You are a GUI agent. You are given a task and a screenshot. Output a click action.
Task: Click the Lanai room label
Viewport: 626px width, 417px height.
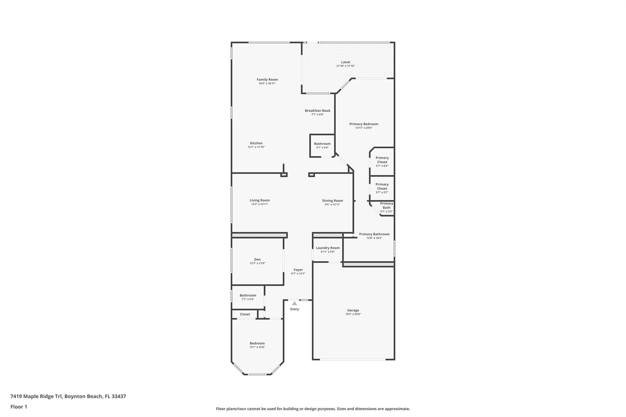pyautogui.click(x=345, y=62)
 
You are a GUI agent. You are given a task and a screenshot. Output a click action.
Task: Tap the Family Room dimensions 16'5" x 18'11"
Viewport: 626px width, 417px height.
pyautogui.click(x=267, y=83)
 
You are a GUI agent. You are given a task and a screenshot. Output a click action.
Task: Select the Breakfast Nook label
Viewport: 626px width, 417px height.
pyautogui.click(x=317, y=111)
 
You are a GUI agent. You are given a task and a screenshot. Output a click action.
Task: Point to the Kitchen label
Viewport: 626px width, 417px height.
pyautogui.click(x=256, y=143)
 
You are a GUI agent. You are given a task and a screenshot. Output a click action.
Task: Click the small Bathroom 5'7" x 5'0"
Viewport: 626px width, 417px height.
pyautogui.click(x=322, y=145)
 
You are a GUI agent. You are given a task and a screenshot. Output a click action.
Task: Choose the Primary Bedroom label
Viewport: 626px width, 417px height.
pyautogui.click(x=363, y=124)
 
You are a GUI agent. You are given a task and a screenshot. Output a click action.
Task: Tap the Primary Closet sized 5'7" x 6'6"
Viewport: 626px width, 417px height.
pyautogui.click(x=382, y=162)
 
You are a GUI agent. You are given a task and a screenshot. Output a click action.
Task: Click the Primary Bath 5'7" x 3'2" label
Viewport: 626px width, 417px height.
pyautogui.click(x=386, y=207)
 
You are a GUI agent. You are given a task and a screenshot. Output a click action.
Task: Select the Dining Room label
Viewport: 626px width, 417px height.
pyautogui.click(x=332, y=201)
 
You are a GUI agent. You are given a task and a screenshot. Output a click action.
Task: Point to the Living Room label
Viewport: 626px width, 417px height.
pyautogui.click(x=260, y=200)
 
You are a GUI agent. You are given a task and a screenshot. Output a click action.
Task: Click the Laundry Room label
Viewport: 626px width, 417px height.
pyautogui.click(x=328, y=248)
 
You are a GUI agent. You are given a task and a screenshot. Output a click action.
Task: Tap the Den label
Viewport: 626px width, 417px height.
pyautogui.click(x=257, y=259)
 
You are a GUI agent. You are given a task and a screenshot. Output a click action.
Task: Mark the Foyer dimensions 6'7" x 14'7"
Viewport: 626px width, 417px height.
pyautogui.click(x=298, y=274)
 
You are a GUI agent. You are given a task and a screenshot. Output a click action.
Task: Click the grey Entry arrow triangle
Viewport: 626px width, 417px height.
pyautogui.click(x=294, y=303)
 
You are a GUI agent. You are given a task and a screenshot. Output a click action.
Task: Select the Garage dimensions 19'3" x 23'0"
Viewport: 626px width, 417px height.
pyautogui.click(x=353, y=314)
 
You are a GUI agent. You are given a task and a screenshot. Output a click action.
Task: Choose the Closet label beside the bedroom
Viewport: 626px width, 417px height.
pyautogui.click(x=245, y=314)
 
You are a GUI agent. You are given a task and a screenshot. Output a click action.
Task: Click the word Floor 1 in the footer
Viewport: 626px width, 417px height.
pyautogui.click(x=19, y=407)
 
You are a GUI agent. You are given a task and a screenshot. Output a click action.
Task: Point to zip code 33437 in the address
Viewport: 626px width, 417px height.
pyautogui.click(x=119, y=396)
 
